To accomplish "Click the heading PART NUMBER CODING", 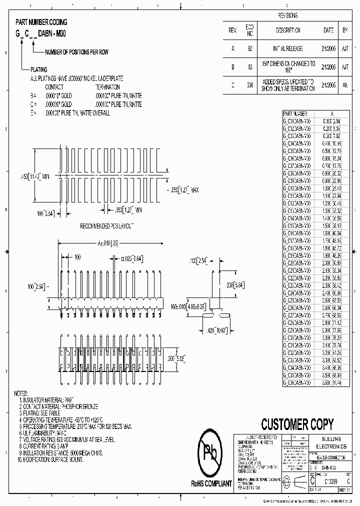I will click(41, 22).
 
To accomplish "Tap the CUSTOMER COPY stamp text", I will click(297, 424).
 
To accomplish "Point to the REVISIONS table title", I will click(287, 15).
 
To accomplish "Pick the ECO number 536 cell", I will click(249, 85).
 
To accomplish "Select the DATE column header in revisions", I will click(328, 30).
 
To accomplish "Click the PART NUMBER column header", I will click(295, 114).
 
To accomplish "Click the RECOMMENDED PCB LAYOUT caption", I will click(107, 226).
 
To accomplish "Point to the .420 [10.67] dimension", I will click(216, 330).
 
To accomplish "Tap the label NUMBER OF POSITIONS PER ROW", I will click(76, 52).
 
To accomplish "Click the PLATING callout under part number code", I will click(38, 69).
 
